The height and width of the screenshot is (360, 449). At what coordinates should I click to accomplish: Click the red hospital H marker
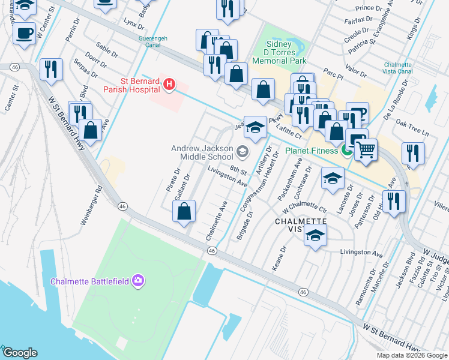coord(169,85)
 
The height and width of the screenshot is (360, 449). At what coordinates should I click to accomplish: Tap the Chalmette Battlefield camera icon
coord(139,281)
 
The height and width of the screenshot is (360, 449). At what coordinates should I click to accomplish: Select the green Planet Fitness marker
coord(346,151)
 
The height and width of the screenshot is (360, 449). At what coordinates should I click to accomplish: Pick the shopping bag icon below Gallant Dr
coord(184,211)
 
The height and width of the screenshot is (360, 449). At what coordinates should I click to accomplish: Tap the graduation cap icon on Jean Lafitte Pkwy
coord(255,127)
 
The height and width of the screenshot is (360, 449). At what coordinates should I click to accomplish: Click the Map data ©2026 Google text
coord(412,355)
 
